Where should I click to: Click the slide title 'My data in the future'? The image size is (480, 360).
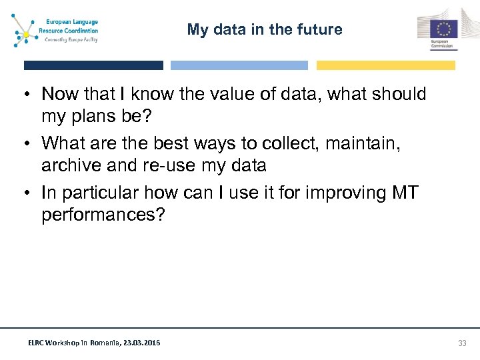click(x=264, y=29)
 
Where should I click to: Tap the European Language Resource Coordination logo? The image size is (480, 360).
click(x=56, y=30)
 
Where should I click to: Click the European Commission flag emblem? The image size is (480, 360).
click(x=443, y=29)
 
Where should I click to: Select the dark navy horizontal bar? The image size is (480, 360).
click(x=93, y=65)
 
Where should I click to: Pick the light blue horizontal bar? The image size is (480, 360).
click(x=239, y=65)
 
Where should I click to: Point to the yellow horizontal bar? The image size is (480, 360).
click(x=385, y=65)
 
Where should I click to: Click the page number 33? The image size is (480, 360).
click(x=462, y=343)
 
